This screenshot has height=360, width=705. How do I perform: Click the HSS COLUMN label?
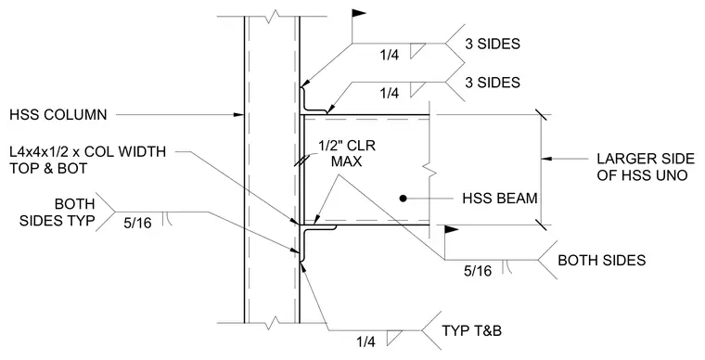pos(58,115)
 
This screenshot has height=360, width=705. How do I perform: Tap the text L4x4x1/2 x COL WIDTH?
pos(88,151)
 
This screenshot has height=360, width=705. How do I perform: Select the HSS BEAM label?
pos(500,199)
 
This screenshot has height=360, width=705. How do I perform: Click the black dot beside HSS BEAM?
pos(404,199)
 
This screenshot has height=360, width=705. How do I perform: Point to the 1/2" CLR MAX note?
pos(347,153)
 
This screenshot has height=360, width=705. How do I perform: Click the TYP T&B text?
pos(471,331)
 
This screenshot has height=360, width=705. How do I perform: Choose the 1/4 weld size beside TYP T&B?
pos(365,342)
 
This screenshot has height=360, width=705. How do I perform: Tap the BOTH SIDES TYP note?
pos(58,212)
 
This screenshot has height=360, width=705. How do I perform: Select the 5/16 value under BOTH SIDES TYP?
pos(137,223)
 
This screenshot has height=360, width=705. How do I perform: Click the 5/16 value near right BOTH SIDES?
pos(478,271)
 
